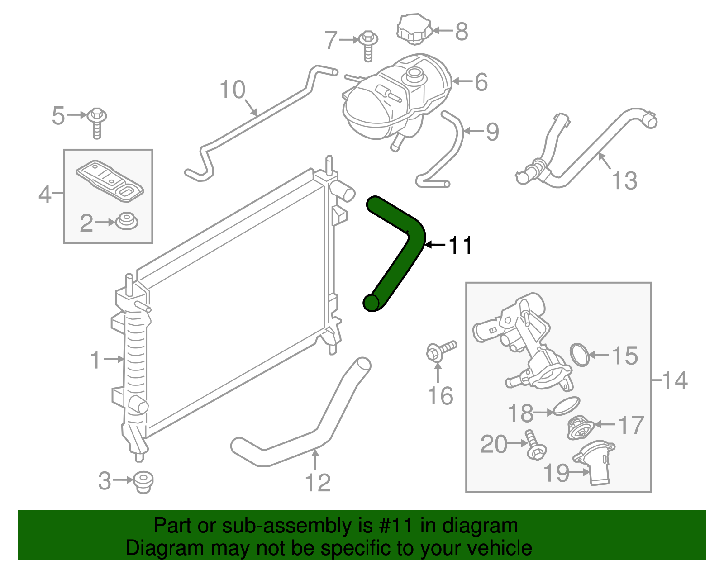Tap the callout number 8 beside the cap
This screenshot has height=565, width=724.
coord(461,32)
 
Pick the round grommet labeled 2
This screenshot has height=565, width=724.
coord(127,222)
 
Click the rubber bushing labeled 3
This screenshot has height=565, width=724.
coord(144,481)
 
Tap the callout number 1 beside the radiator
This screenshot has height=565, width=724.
coord(95,360)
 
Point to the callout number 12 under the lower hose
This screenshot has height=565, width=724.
coord(318,483)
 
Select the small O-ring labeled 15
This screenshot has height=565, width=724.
coord(580,354)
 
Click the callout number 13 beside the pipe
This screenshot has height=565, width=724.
coord(624,180)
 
